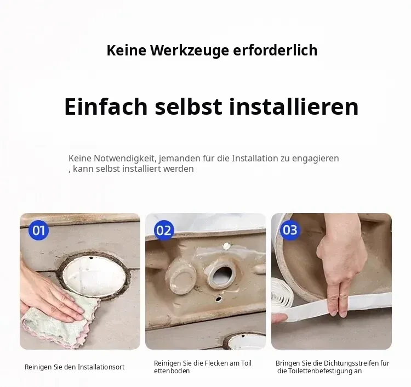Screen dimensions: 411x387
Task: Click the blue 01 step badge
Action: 38,230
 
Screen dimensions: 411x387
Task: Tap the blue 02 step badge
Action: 164,230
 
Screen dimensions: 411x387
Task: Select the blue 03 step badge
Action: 290,230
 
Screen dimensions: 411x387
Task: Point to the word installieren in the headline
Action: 294,106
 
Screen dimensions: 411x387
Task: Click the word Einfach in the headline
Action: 106,106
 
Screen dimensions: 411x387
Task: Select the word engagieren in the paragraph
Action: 315,159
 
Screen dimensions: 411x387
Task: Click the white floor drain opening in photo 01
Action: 95,275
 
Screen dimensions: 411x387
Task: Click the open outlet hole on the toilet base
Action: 221,275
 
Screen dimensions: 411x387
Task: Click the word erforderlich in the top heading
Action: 275,50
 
